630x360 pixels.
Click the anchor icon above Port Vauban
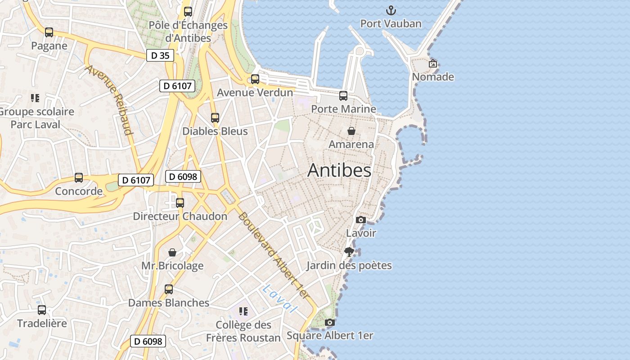coord(391,10)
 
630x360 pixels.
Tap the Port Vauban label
coord(391,23)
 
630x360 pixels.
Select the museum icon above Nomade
coord(433,63)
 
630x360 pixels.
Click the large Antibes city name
coord(339,171)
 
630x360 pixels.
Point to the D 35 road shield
coord(160,56)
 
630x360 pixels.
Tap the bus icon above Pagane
coord(49,32)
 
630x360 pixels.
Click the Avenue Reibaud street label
coord(109,100)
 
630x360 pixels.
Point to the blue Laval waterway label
coord(280,298)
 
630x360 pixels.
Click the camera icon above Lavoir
coord(360,220)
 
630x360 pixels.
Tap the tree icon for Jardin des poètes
coord(349,252)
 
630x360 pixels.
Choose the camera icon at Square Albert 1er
coord(330,322)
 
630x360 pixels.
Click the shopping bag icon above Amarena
coord(351,131)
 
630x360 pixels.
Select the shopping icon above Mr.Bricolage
coord(172,252)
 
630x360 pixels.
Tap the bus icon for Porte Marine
coord(343,95)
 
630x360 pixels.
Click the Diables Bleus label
coord(215,131)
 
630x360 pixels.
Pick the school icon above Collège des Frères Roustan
coord(243,311)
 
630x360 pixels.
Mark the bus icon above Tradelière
coord(42,310)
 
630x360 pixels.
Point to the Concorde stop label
coord(79,191)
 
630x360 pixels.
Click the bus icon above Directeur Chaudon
coord(180,203)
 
